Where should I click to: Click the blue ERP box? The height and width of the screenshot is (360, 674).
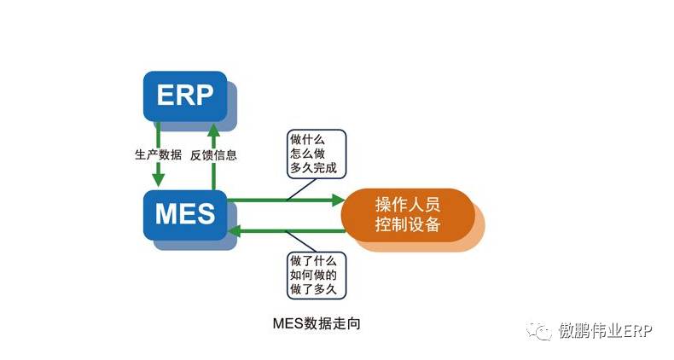tap(184, 95)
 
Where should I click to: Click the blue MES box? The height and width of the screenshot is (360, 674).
tap(184, 213)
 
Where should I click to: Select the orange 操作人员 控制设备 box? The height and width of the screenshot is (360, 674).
tap(407, 214)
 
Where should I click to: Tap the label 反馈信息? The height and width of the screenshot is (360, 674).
tap(214, 155)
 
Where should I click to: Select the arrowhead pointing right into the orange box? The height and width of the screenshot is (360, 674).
tap(335, 201)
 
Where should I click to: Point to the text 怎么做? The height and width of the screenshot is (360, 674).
tap(307, 153)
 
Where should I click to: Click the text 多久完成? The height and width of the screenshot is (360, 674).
tap(313, 168)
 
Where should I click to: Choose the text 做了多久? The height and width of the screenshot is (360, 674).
tap(313, 290)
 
